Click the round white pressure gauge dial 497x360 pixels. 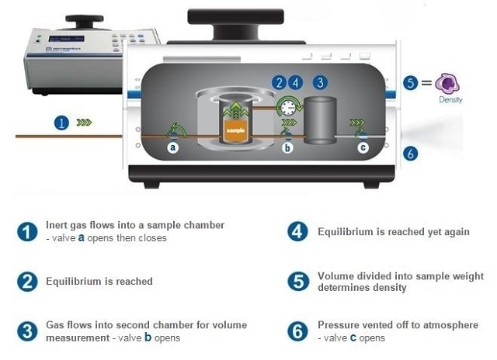coord(288,106)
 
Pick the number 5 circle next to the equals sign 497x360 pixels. coord(411,83)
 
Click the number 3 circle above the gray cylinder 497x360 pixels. coord(319,82)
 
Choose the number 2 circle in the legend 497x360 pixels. coord(27,282)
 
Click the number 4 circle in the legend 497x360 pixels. coord(297,232)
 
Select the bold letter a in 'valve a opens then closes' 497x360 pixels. coord(81,238)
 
